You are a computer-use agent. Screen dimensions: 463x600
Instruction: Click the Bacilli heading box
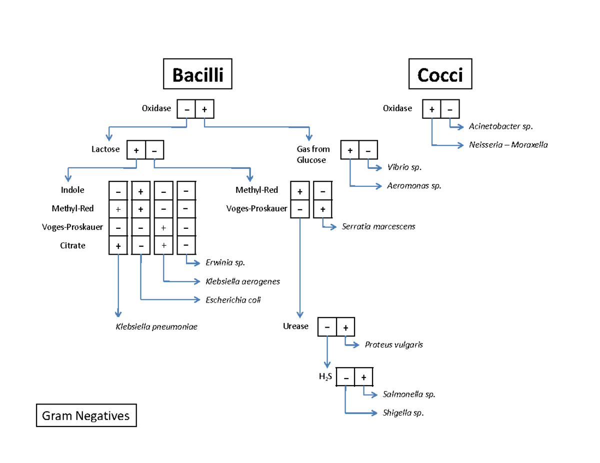(x=197, y=75)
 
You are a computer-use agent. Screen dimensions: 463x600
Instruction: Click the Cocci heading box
(x=440, y=75)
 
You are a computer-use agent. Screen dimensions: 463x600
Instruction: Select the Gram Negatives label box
(x=86, y=416)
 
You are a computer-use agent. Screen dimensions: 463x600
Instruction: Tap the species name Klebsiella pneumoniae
(x=156, y=327)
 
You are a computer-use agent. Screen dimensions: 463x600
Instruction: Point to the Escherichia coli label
(x=233, y=300)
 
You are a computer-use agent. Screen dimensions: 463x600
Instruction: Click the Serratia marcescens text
(x=378, y=227)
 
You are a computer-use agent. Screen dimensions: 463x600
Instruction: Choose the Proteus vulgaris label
(x=394, y=345)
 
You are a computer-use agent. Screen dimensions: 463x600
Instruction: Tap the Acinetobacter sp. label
(x=497, y=126)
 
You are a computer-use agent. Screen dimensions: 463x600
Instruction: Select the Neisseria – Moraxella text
(x=508, y=145)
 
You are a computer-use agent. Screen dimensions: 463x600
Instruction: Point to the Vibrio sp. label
(x=401, y=167)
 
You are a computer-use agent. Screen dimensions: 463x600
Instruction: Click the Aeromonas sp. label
(x=414, y=186)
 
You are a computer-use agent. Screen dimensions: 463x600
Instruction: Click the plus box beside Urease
(x=345, y=327)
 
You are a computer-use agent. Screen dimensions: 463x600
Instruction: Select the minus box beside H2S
(x=345, y=377)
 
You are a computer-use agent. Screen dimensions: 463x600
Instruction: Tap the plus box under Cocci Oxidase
(x=431, y=109)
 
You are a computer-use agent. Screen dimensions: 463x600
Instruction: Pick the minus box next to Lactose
(x=154, y=149)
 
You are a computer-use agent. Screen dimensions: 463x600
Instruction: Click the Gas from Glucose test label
(x=313, y=155)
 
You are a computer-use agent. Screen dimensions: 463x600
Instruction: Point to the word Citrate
(x=73, y=246)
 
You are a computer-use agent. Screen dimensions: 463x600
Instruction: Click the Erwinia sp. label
(x=225, y=263)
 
